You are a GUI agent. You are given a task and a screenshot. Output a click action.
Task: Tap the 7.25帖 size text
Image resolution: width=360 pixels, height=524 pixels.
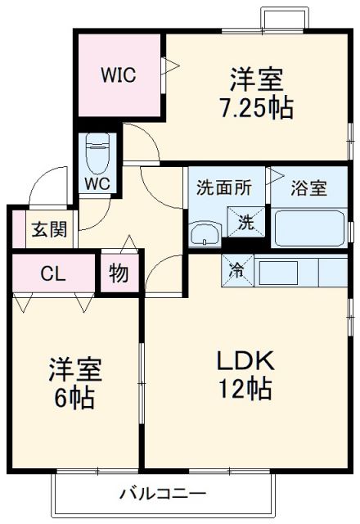coord(256,108)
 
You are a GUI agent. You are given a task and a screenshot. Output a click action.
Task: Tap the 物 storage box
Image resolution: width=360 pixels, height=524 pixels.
coord(119,273)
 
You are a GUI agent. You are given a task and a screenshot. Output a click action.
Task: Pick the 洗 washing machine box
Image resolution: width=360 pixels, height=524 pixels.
coord(245,221)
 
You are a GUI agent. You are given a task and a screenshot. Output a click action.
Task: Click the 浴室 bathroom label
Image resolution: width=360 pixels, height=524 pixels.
coord(310,187)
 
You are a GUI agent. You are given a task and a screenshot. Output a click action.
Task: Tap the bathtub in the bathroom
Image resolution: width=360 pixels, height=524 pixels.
coord(309,228)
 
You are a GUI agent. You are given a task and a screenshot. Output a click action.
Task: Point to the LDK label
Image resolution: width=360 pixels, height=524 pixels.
coord(244,361)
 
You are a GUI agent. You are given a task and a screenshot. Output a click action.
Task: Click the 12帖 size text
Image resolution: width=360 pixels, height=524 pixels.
coord(244,390)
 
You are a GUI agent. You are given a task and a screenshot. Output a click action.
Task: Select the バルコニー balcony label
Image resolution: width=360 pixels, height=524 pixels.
coord(163,494)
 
